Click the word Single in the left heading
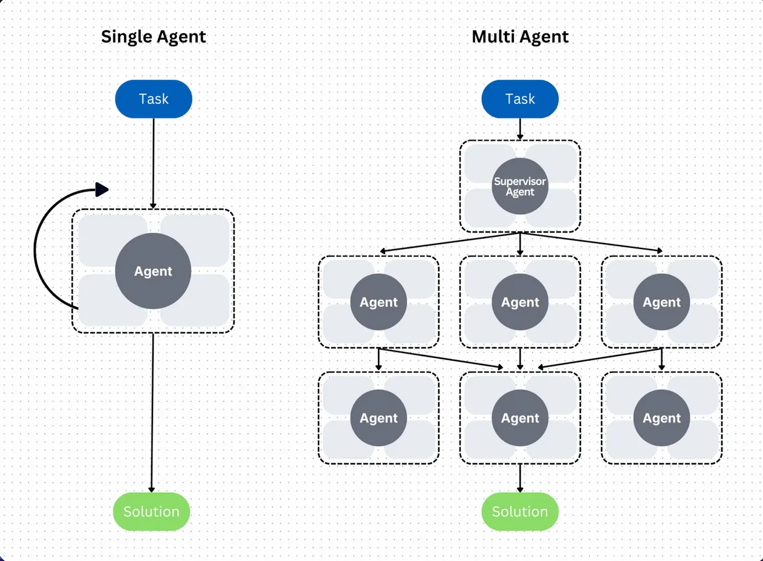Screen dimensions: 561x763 point(125,37)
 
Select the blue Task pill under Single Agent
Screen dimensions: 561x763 point(154,99)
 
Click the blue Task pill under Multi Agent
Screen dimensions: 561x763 point(520,99)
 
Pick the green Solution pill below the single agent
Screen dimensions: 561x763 point(151,511)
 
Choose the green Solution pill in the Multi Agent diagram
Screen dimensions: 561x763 point(520,511)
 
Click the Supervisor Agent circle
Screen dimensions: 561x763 point(520,186)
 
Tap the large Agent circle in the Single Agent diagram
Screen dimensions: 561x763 point(153,271)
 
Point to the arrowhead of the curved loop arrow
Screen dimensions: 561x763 point(102,189)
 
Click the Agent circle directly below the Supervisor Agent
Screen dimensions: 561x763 point(520,302)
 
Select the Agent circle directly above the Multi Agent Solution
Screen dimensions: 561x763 point(520,418)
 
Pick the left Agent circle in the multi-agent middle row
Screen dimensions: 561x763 point(378,302)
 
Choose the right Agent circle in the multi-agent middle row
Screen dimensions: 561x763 point(661,302)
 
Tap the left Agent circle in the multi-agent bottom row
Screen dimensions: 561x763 point(378,418)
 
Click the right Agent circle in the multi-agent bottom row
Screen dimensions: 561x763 point(661,418)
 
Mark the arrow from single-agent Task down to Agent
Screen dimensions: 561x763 point(154,163)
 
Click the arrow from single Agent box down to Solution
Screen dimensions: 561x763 point(152,411)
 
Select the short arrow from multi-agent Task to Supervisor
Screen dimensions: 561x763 point(520,129)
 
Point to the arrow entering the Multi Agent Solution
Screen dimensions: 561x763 point(520,478)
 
